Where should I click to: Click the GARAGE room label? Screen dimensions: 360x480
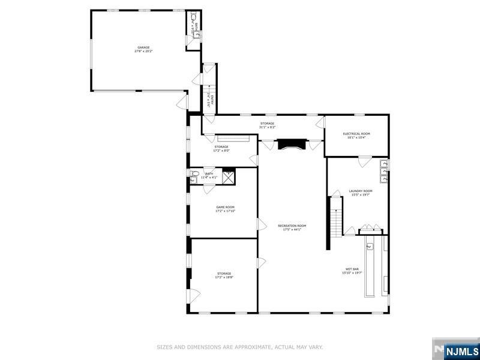click(143, 47)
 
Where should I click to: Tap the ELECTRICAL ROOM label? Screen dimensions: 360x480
click(356, 134)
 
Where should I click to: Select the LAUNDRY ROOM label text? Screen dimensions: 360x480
click(361, 191)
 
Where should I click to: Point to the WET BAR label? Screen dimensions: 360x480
click(352, 269)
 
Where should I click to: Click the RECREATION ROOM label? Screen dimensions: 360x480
click(292, 226)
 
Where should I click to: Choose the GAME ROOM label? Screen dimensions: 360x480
click(225, 208)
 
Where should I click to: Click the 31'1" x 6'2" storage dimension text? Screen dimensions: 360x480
click(267, 127)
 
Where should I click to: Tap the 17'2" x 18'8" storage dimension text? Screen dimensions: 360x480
click(224, 277)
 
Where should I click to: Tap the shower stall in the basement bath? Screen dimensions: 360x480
click(229, 176)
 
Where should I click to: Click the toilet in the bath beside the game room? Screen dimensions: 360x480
click(194, 176)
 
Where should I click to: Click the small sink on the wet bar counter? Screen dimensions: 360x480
click(370, 245)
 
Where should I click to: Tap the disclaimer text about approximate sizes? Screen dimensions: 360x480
click(240, 347)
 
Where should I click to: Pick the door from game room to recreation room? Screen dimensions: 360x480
click(261, 224)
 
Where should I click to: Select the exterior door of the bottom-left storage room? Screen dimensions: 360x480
click(194, 296)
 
